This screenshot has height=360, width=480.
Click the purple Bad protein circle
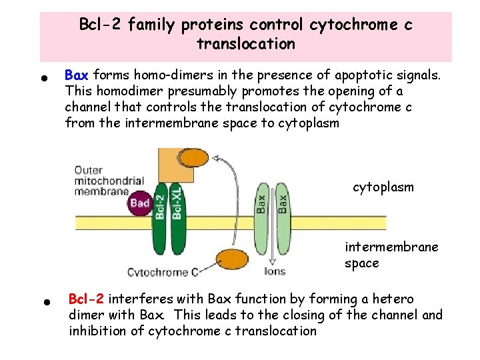(141, 201)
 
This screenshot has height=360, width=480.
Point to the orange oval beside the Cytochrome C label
(228, 260)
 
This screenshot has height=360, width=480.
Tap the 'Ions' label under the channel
(274, 271)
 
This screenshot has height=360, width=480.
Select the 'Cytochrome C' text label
(163, 272)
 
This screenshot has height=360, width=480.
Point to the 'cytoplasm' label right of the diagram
(383, 187)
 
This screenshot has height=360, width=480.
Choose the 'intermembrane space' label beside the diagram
(391, 255)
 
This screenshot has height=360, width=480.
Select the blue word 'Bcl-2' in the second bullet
(87, 299)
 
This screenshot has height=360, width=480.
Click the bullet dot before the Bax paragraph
(44, 77)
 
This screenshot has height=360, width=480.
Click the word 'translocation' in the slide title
(245, 45)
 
